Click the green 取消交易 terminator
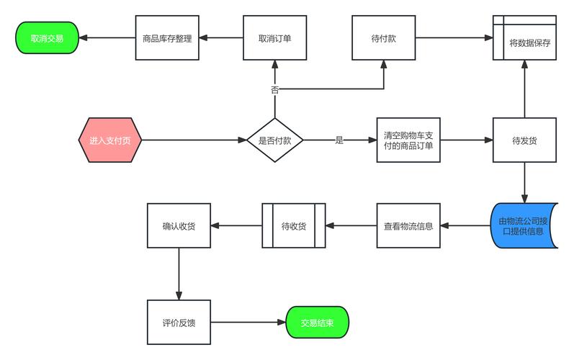coord(47,37)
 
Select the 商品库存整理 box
coord(167,37)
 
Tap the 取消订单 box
coord(274,37)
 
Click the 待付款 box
coord(383,37)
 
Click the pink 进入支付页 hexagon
coord(110,140)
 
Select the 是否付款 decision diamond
coord(274,140)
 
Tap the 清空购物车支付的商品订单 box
coord(408,140)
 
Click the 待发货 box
coord(524,140)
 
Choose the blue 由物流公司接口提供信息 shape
coord(523,226)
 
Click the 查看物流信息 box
coord(408,226)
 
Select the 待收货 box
coord(293,226)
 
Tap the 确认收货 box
coord(179,226)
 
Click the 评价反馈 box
coord(179,323)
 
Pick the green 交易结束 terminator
coord(317,323)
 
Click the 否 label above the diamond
coord(274,90)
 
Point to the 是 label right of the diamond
coord(339,140)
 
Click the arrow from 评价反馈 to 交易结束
coord(248,323)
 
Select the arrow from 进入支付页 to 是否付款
coord(193,140)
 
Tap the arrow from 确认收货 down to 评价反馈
coord(179,274)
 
